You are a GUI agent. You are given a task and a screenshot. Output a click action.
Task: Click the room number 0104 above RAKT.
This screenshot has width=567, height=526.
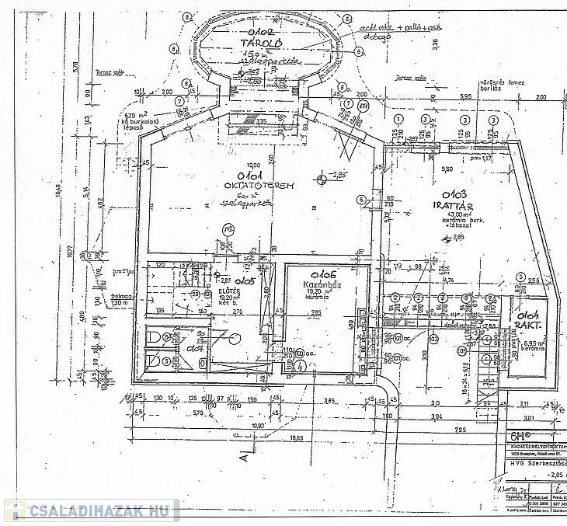click(x=529, y=315)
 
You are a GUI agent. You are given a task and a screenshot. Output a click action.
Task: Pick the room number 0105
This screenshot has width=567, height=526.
click(x=246, y=280)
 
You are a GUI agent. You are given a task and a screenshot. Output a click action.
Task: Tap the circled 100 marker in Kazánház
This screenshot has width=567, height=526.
click(x=300, y=354)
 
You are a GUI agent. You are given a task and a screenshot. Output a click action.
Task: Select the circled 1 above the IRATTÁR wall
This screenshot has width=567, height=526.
click(x=398, y=119)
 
